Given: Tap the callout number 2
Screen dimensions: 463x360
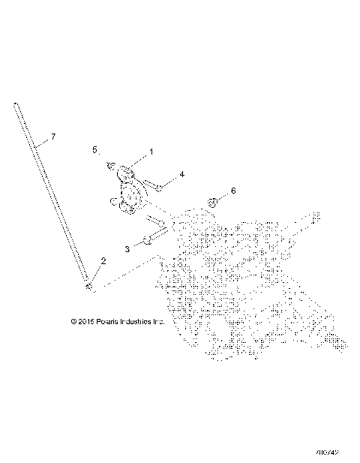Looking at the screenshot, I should pos(103,261).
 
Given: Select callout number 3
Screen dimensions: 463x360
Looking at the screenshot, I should pos(127,246).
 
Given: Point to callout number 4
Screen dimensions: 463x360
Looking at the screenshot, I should pos(181,175).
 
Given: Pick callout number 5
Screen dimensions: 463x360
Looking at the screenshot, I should pos(94,150).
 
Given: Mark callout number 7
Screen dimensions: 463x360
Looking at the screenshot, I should pos(52,137).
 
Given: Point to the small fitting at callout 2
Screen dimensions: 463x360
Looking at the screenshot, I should pos(89,286).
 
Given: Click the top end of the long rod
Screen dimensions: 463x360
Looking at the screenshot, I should pos(15,105).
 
